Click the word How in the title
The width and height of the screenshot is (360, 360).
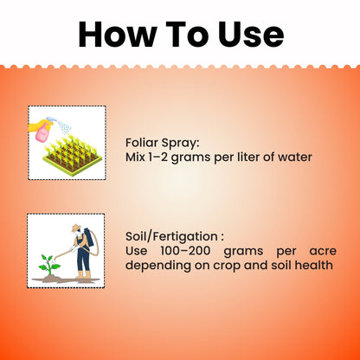tap(120, 34)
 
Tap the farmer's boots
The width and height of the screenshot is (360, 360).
tap(83, 275)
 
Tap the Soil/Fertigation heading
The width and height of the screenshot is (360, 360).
tap(174, 235)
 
